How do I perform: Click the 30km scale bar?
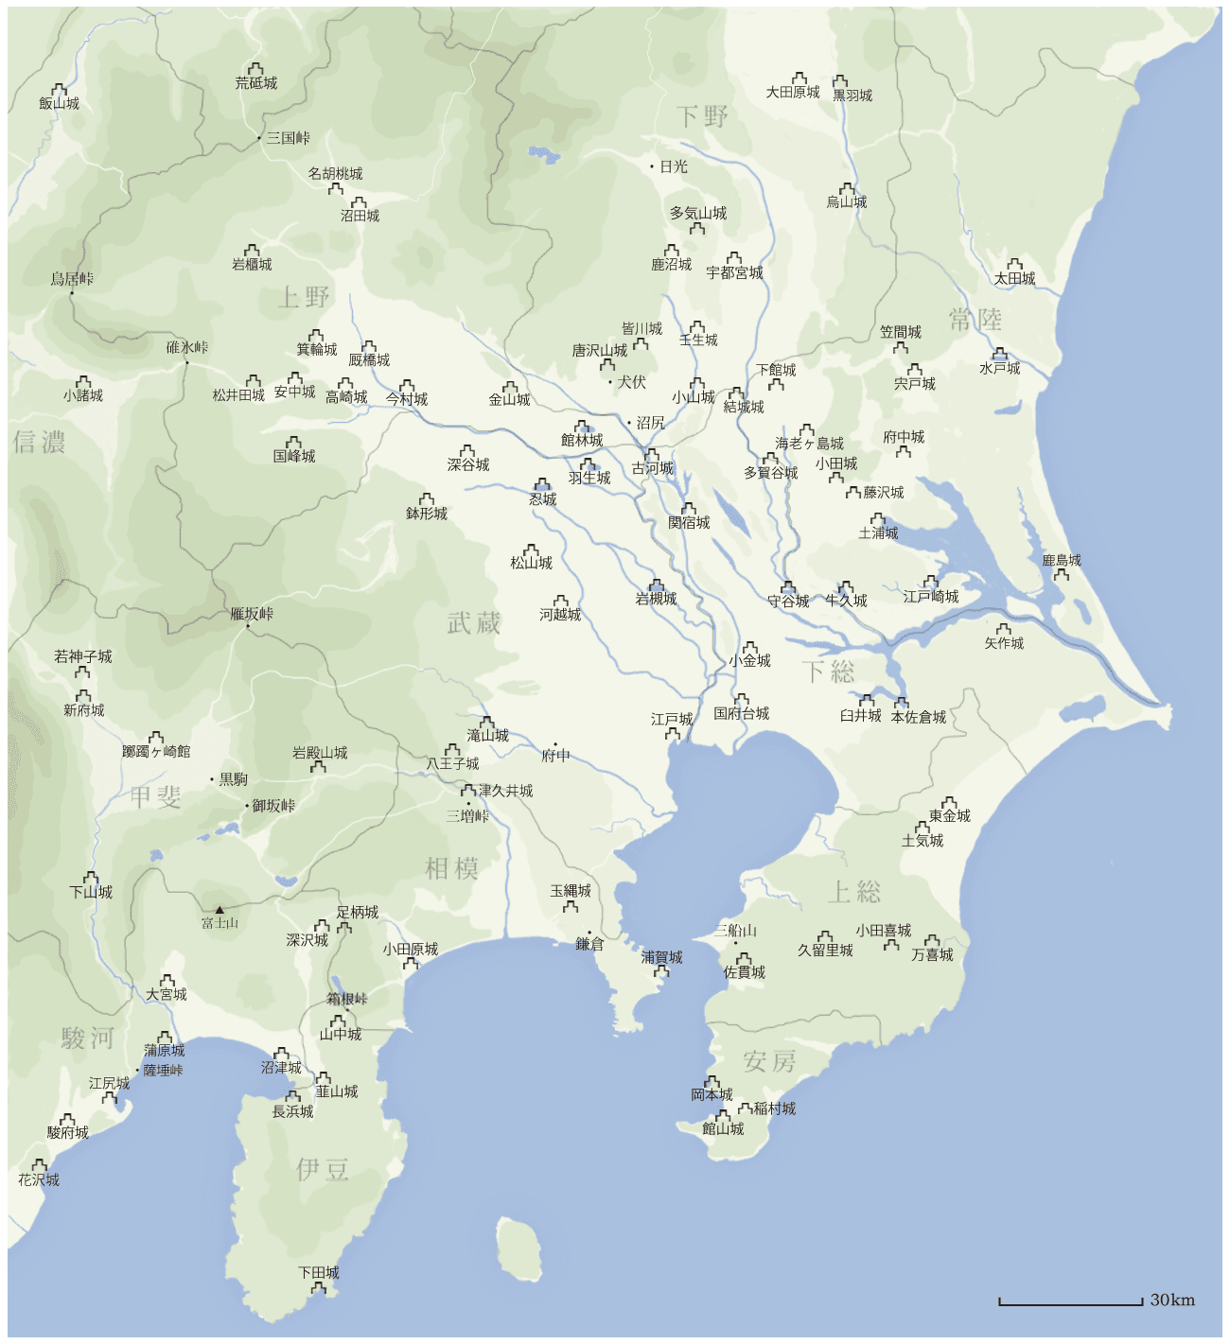tap(1070, 1303)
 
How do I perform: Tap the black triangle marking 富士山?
tap(220, 910)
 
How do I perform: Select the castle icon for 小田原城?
tap(411, 963)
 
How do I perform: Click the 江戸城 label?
tap(672, 719)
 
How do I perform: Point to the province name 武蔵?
tap(473, 622)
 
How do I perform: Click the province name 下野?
tap(702, 116)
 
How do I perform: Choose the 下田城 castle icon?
tap(319, 1287)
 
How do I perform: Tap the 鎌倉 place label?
tap(589, 944)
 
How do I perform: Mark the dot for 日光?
tap(652, 166)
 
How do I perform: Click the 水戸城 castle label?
tap(1000, 368)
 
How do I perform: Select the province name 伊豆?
tap(323, 1169)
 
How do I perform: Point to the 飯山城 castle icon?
tap(59, 90)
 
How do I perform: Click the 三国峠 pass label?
tap(288, 138)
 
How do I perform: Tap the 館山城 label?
tap(723, 1128)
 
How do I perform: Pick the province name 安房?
tap(769, 1061)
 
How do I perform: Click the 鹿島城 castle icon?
tap(1062, 573)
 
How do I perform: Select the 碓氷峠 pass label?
tap(187, 347)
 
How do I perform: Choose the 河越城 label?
tap(560, 615)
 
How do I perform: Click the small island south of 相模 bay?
tap(518, 1248)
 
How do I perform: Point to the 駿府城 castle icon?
tap(67, 1120)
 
